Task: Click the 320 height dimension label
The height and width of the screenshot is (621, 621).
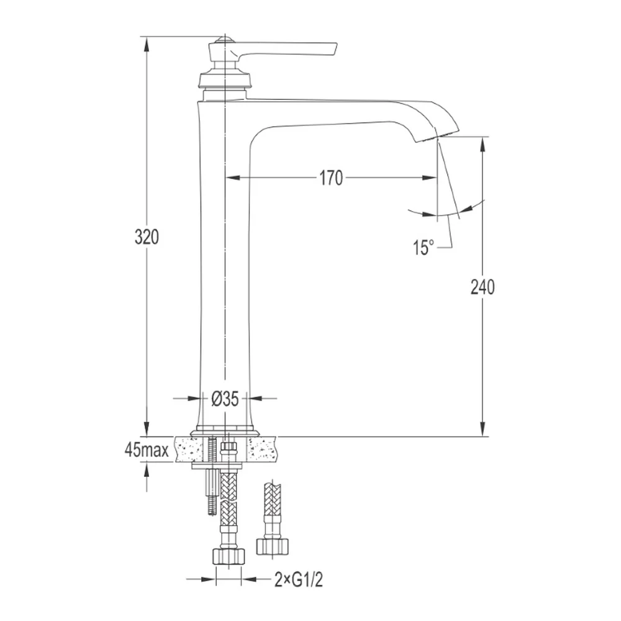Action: click(x=147, y=237)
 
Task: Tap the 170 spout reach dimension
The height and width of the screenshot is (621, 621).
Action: click(x=331, y=178)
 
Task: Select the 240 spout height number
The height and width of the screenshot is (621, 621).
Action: click(x=483, y=287)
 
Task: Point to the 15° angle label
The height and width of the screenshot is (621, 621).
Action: click(x=424, y=248)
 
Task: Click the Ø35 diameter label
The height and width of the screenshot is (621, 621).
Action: click(x=225, y=399)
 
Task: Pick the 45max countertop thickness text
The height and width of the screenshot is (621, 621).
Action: click(x=147, y=450)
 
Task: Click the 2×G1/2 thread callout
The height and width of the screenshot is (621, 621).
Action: click(x=299, y=580)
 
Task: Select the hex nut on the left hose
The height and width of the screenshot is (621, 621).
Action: click(x=229, y=556)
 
